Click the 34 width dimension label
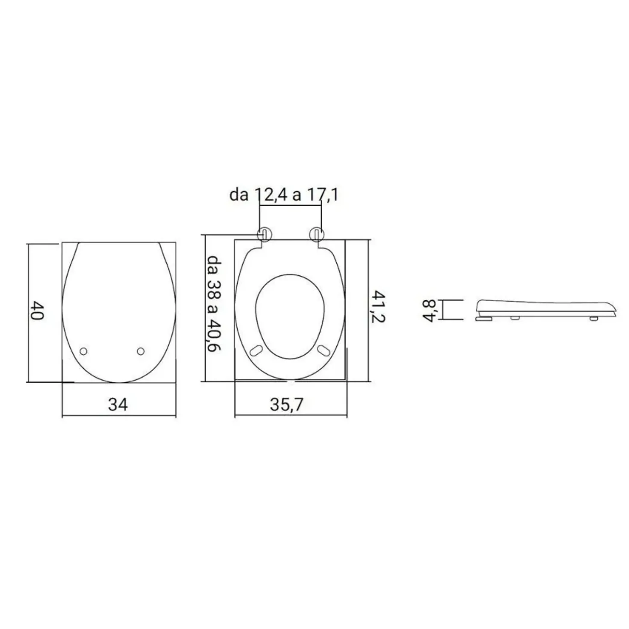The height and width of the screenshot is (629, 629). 118,405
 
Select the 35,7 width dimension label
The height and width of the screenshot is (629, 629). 287,405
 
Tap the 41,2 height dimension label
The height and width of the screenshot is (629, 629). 379,306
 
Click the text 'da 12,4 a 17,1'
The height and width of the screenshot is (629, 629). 284,195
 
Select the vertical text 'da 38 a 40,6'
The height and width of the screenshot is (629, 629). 215,303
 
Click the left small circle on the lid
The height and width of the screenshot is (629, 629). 83,351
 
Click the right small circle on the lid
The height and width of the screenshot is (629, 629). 140,351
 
